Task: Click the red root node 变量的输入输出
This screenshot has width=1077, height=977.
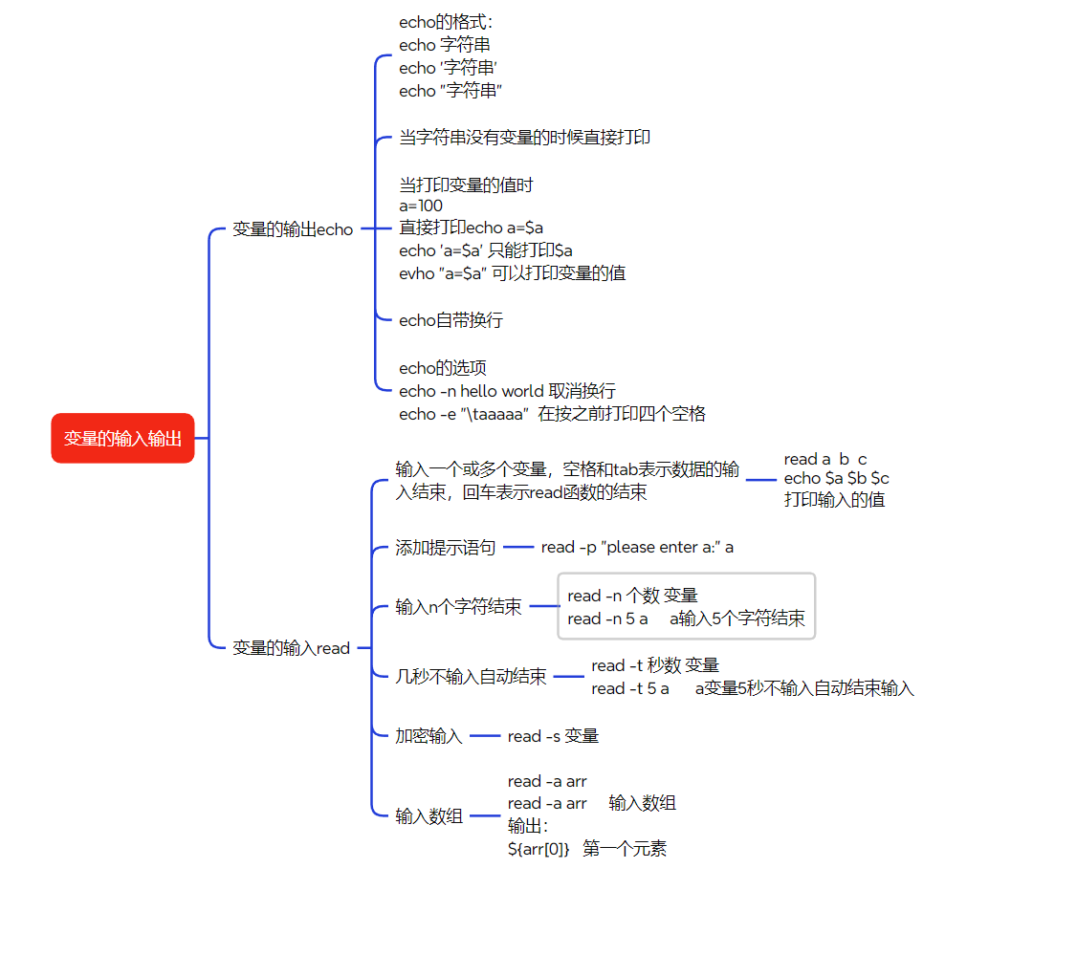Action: [x=122, y=439]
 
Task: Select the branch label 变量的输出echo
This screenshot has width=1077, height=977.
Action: [x=293, y=229]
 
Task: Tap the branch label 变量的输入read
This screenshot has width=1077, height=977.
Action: [x=292, y=648]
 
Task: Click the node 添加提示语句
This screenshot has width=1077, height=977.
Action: [x=446, y=548]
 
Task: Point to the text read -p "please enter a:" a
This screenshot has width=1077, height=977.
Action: [x=637, y=547]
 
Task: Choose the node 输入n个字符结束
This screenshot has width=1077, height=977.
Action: [x=459, y=607]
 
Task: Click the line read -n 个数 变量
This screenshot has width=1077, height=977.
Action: [x=632, y=596]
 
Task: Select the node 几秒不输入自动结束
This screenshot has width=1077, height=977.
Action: [x=472, y=677]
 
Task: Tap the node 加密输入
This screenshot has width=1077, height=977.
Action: [x=429, y=736]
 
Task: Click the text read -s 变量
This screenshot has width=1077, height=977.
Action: [x=553, y=736]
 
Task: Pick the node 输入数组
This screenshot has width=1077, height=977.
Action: [x=429, y=816]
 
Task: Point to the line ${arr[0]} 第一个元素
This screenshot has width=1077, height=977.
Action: [x=587, y=848]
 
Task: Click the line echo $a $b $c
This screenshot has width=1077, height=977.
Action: [x=837, y=478]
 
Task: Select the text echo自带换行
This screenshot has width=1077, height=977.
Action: [x=451, y=320]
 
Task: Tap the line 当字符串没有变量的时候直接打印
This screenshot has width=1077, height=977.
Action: [x=524, y=138]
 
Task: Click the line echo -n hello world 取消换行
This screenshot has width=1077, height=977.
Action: [x=507, y=391]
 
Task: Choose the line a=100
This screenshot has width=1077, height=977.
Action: [x=421, y=206]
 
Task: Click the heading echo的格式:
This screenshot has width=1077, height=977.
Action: [x=446, y=22]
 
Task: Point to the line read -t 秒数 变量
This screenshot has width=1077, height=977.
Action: [x=655, y=665]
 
